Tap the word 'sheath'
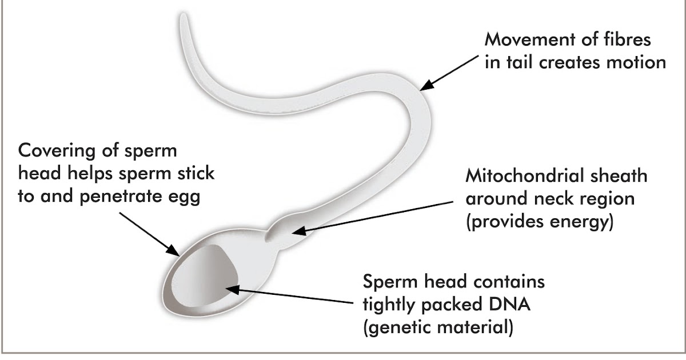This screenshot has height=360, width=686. [x=620, y=175]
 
